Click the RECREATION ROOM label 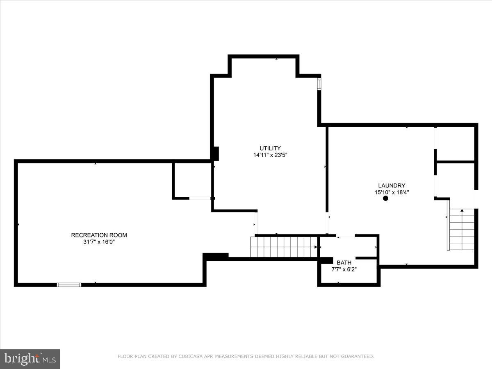(99, 235)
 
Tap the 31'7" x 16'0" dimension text (99, 242)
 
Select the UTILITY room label (270, 148)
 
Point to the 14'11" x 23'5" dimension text (270, 155)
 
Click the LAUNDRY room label (392, 185)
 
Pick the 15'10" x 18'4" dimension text (392, 192)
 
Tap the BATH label (344, 262)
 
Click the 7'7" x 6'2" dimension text (344, 269)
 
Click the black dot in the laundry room (385, 198)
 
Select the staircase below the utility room (284, 247)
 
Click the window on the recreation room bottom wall (69, 285)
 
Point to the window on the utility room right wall (319, 84)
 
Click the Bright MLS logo (30, 359)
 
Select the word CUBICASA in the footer (189, 357)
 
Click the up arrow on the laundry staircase (462, 211)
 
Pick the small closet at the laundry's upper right (455, 143)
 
